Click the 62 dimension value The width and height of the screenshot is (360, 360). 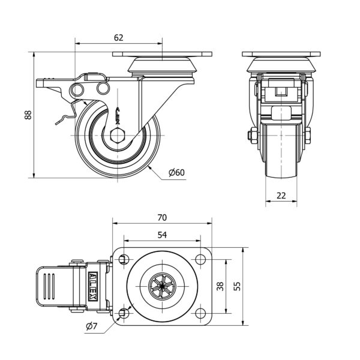(118, 37)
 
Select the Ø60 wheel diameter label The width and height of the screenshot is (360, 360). (176, 173)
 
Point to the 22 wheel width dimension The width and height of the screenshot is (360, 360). (281, 195)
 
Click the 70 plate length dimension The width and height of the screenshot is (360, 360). (161, 217)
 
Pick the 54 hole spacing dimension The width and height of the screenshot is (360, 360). (161, 235)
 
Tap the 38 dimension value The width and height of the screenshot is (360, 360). (220, 287)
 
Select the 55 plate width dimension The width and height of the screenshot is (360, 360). (237, 287)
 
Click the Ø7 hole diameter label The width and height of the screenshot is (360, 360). (91, 326)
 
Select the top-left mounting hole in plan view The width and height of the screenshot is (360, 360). (124, 259)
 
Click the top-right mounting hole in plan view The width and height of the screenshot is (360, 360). (200, 259)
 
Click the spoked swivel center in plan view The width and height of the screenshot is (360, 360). (161, 286)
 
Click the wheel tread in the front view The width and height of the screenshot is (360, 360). (281, 150)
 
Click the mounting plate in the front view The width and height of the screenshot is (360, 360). (281, 55)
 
